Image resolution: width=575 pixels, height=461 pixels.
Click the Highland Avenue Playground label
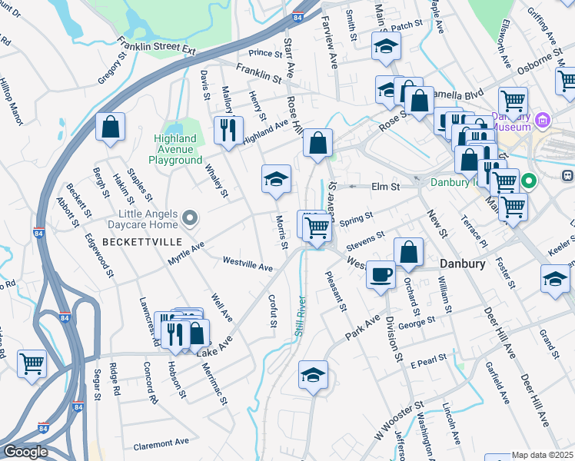point(175,149)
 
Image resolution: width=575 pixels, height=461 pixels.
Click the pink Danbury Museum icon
point(543,121)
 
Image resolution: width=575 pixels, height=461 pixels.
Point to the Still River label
point(300,316)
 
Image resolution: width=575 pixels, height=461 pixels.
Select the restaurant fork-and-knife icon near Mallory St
point(228,131)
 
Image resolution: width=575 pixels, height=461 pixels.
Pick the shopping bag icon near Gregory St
point(111,128)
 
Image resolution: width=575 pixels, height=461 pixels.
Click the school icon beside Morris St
point(277,180)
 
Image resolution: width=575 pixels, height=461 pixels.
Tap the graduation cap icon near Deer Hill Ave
point(555,280)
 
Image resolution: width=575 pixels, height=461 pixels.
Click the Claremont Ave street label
point(161,444)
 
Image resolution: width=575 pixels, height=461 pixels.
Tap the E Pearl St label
point(428,363)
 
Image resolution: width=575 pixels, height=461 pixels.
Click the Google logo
point(25,452)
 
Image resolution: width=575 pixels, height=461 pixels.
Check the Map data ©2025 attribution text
point(542,455)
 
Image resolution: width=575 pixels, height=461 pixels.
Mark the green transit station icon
point(530,181)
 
